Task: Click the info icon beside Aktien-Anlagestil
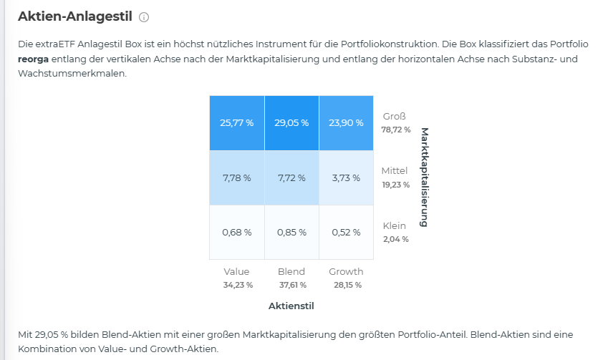tap(144, 16)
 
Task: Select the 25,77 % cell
tap(236, 122)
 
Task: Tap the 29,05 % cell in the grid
tap(291, 122)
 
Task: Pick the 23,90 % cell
tap(346, 122)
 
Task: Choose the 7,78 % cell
tap(236, 177)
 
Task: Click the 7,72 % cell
tap(291, 177)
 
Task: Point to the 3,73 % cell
tap(346, 177)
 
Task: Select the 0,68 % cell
tap(236, 232)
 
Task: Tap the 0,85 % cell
tap(291, 232)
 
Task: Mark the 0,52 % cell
tap(346, 232)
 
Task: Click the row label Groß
tap(394, 116)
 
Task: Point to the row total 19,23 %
tap(396, 185)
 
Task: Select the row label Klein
tap(394, 225)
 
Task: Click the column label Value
tap(236, 271)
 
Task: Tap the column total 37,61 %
tap(291, 285)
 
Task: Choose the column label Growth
tap(346, 271)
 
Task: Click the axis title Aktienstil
tap(291, 306)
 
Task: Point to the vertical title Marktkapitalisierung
tap(424, 177)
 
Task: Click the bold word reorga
tap(33, 59)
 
